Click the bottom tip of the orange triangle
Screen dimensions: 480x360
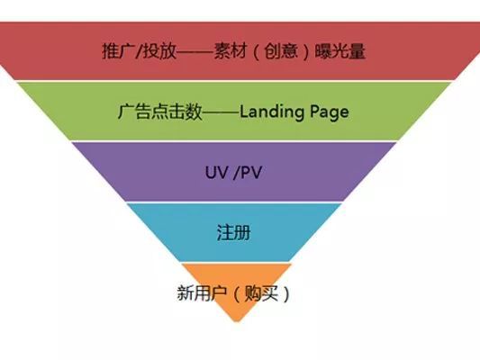click(236, 322)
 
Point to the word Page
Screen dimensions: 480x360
click(329, 112)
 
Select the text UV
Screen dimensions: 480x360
click(217, 172)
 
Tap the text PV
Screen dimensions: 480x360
click(251, 172)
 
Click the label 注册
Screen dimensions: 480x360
click(233, 232)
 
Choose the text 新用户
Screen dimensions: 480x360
click(202, 293)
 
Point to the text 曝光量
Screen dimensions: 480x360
click(340, 50)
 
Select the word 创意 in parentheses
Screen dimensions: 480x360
click(281, 50)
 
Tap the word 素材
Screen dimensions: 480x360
click(231, 50)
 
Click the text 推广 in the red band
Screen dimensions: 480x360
click(118, 50)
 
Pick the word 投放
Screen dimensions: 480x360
click(160, 50)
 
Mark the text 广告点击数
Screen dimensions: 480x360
click(159, 112)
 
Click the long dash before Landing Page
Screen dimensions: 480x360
click(221, 112)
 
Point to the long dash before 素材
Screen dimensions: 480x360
click(195, 51)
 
